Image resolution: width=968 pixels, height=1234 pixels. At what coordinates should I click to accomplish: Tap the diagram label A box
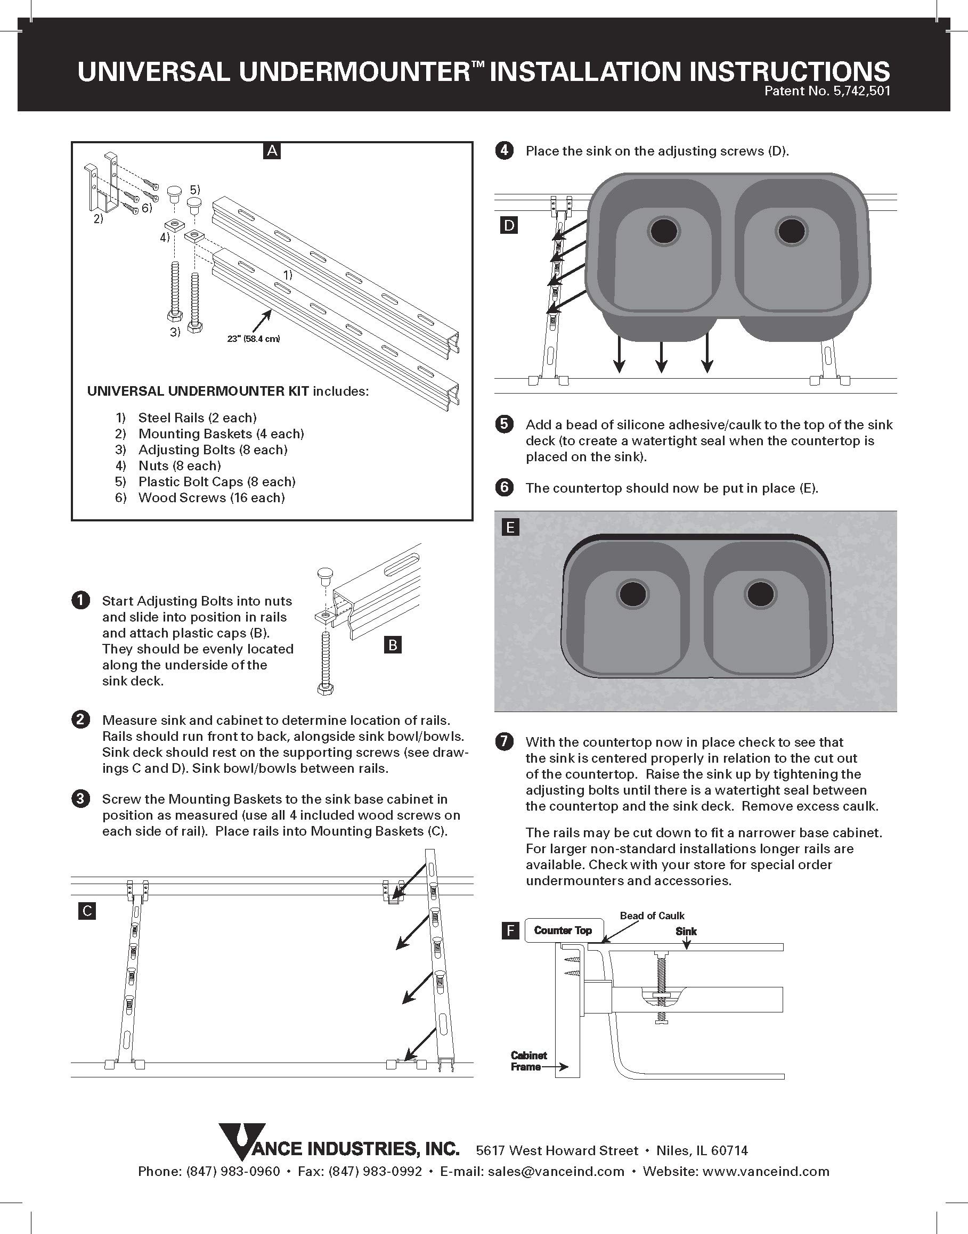(x=272, y=151)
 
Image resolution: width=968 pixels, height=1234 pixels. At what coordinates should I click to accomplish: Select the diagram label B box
(x=393, y=645)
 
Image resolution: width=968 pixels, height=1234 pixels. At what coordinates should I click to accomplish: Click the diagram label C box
(x=87, y=911)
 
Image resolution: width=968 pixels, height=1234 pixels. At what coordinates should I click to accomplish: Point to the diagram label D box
(x=509, y=226)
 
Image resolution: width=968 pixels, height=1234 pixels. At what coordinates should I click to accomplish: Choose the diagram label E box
(x=510, y=528)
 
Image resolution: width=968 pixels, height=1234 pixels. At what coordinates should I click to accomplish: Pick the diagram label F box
(x=510, y=930)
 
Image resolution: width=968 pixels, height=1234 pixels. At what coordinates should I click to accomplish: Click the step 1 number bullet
(x=81, y=601)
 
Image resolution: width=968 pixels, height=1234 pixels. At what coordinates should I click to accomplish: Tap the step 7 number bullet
(x=504, y=742)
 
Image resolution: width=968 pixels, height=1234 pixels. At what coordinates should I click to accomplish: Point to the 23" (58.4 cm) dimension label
(x=254, y=339)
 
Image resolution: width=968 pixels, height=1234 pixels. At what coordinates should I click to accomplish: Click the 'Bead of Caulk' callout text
(x=652, y=916)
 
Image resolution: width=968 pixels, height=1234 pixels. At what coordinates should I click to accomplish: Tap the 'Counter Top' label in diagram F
(x=563, y=930)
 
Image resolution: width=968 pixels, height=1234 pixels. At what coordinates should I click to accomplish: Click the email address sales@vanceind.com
(x=556, y=1171)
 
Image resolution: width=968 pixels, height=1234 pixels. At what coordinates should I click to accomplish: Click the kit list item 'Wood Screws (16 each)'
(x=212, y=497)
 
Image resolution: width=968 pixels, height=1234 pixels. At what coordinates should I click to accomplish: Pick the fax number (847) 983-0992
(x=376, y=1171)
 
